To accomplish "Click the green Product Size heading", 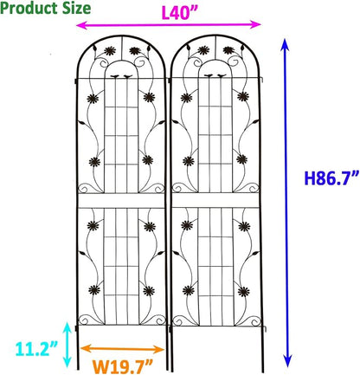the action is click(x=46, y=8).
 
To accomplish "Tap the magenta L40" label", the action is click(x=179, y=13).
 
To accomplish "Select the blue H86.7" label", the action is click(x=331, y=178).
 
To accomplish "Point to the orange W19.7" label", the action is click(x=122, y=366).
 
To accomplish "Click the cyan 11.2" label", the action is click(x=36, y=349).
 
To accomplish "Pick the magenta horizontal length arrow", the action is click(x=169, y=25).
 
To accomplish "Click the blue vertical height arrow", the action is click(x=286, y=203).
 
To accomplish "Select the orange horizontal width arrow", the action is click(x=122, y=349).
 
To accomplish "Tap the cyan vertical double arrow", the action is click(x=67, y=345).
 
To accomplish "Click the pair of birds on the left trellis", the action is click(x=121, y=76).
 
